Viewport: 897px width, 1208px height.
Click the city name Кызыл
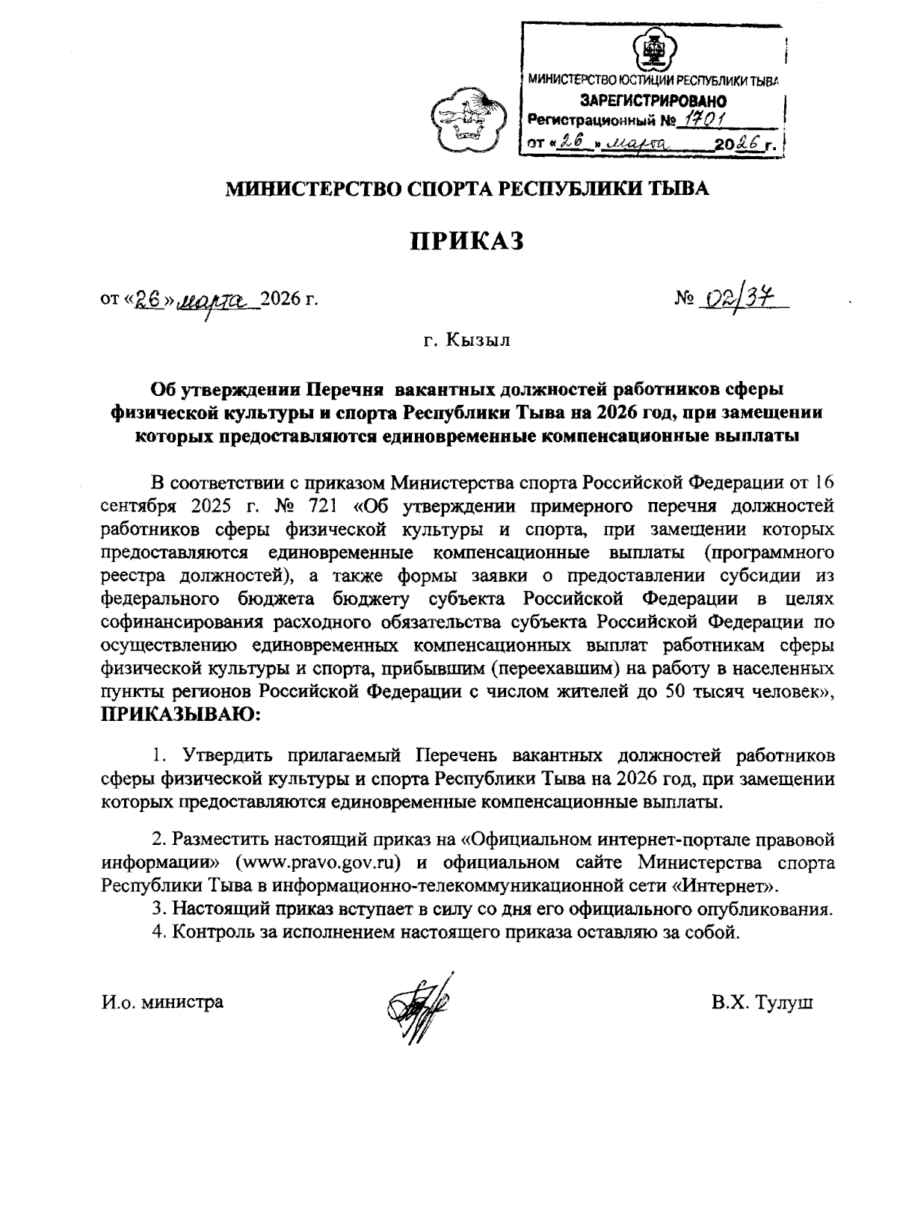click(478, 341)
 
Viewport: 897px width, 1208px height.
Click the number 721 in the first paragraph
click(324, 506)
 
